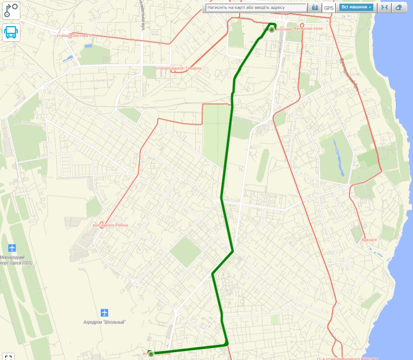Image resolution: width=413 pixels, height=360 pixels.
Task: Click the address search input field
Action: point(256,8)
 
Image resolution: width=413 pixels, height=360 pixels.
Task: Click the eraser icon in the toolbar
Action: point(399,7)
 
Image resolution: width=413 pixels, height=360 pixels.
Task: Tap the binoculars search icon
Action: point(315,8)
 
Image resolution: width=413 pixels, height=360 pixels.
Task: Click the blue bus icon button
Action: point(10,32)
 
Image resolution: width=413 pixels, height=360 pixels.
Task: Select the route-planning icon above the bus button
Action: point(10,10)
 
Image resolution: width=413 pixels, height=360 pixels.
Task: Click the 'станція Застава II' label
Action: point(74,35)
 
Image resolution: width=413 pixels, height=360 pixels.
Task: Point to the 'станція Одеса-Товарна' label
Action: point(179,68)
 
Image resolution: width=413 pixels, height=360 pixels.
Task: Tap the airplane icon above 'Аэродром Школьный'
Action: point(105,313)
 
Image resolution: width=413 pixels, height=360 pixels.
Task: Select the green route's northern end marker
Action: point(272,30)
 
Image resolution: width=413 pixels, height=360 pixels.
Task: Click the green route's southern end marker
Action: point(151,354)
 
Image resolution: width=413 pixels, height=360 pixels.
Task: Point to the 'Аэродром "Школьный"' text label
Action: point(105,322)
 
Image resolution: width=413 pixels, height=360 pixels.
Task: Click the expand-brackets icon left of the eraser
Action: point(384,7)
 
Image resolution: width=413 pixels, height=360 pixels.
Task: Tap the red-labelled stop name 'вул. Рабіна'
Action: point(110,225)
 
